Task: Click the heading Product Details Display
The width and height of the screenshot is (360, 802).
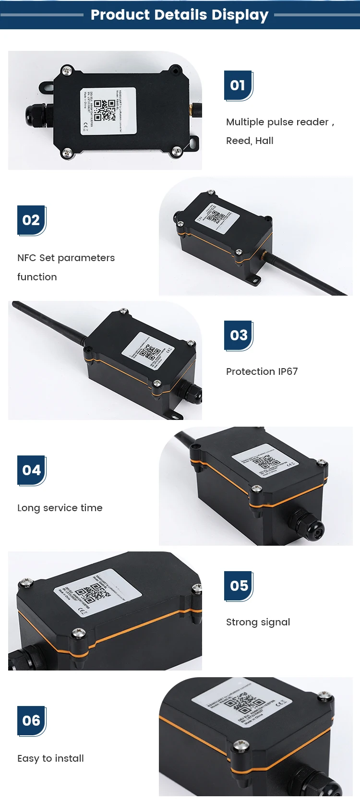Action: click(180, 15)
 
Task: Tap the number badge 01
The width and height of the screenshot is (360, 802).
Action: click(238, 85)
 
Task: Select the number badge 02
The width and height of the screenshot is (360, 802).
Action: click(31, 220)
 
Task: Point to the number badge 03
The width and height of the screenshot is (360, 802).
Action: click(238, 335)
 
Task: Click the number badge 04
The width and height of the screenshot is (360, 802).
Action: click(31, 470)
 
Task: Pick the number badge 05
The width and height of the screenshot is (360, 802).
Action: click(239, 586)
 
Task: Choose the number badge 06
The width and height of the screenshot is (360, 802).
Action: click(31, 721)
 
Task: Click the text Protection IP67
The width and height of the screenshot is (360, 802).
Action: click(262, 371)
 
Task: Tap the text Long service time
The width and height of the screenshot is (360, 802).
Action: click(60, 508)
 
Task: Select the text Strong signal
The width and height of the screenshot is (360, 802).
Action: click(258, 622)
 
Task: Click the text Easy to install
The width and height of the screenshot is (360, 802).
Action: click(50, 758)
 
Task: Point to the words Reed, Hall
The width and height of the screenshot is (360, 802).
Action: click(250, 141)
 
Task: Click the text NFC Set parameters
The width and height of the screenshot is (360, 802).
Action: click(66, 258)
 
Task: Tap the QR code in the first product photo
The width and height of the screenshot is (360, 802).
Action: click(104, 110)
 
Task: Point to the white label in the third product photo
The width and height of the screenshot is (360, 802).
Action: click(148, 351)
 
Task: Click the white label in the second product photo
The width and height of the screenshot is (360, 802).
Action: click(217, 216)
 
